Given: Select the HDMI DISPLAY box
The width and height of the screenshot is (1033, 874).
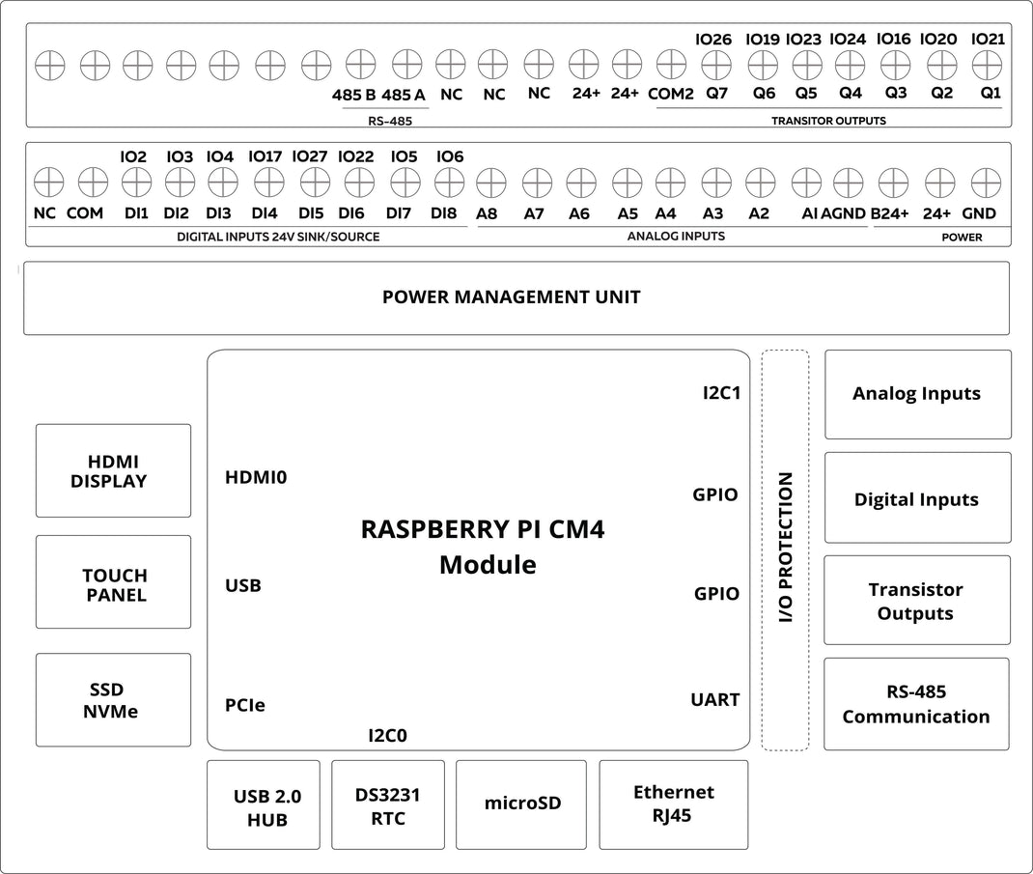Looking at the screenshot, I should (x=113, y=470).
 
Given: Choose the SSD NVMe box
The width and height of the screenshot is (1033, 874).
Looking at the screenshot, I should (x=113, y=700).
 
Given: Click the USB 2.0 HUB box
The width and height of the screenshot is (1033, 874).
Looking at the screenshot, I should (x=264, y=805).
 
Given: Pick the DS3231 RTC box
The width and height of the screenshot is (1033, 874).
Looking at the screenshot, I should (x=388, y=805).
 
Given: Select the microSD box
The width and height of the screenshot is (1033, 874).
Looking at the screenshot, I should (x=521, y=804).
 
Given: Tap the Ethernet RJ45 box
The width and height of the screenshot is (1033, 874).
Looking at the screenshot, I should (x=673, y=804).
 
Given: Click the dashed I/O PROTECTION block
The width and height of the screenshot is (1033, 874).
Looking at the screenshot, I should (x=785, y=550).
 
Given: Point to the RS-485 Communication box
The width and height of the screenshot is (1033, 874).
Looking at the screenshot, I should (x=917, y=704).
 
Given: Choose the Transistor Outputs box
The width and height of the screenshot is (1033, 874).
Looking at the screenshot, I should (x=917, y=601).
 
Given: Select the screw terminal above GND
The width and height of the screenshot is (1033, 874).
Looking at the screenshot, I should (x=984, y=182).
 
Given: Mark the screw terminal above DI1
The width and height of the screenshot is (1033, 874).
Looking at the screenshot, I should (x=135, y=182).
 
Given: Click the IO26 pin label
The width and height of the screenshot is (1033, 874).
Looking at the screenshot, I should (x=713, y=40).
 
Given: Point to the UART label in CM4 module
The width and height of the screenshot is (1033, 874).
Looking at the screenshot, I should (x=714, y=699).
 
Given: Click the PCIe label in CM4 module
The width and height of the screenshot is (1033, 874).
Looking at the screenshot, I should (x=244, y=706).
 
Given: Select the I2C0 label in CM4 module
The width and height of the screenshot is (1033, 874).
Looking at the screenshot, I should (x=387, y=736).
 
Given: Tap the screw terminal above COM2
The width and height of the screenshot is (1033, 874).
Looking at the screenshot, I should (x=670, y=66).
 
